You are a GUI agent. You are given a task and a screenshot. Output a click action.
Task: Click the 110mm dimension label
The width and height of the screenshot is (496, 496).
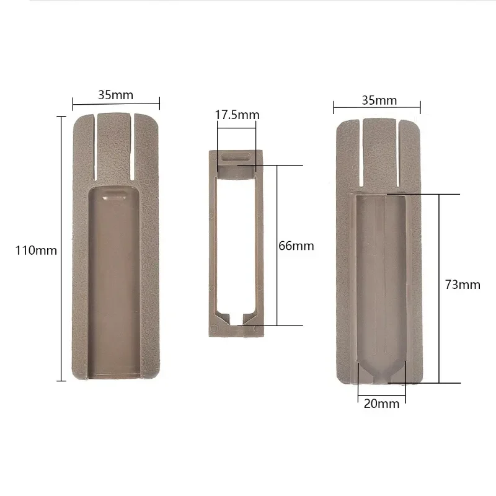[36, 250]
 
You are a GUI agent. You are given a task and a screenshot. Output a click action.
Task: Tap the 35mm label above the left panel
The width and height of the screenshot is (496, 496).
[115, 95]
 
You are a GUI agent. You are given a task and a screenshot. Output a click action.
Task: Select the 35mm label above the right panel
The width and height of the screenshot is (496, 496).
[379, 100]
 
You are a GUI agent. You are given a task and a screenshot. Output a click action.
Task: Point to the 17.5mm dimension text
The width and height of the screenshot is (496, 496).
[237, 115]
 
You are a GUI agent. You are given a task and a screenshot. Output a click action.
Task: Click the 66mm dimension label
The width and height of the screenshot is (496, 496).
[296, 246]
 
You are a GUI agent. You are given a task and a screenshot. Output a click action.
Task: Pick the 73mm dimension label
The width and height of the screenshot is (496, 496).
[463, 285]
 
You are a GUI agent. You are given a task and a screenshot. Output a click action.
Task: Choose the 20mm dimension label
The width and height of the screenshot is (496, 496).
[381, 404]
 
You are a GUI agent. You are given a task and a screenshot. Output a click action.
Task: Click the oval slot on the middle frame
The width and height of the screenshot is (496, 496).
[236, 157]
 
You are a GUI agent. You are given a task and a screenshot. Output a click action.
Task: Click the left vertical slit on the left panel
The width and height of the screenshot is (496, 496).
[95, 148]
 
